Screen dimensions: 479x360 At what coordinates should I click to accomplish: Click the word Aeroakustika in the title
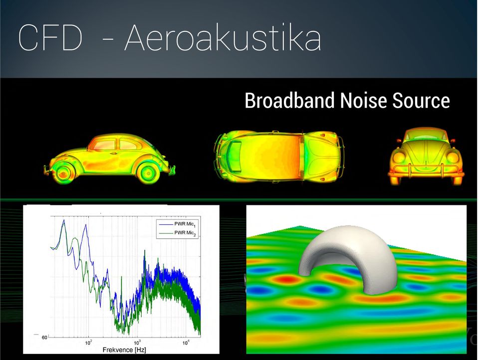pos(223,38)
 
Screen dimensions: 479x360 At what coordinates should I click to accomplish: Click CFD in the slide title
pos(50,38)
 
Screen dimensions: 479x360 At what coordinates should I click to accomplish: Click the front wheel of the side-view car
pos(63,174)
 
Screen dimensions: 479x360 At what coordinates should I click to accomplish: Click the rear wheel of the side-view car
pos(148,174)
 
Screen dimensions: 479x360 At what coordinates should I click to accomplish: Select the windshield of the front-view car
pos(426,134)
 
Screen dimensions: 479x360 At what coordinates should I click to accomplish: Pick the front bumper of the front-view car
pos(426,175)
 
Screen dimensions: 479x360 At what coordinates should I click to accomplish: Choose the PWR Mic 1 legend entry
pos(177,224)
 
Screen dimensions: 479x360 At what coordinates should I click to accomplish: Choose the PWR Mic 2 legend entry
pos(177,233)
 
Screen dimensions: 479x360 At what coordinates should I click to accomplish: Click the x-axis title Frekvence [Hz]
pos(124,350)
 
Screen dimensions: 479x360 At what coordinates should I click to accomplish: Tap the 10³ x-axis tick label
pos(137,343)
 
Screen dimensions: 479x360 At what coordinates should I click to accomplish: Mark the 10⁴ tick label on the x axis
pos(186,343)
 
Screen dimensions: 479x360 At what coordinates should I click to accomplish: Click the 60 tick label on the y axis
pos(44,338)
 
